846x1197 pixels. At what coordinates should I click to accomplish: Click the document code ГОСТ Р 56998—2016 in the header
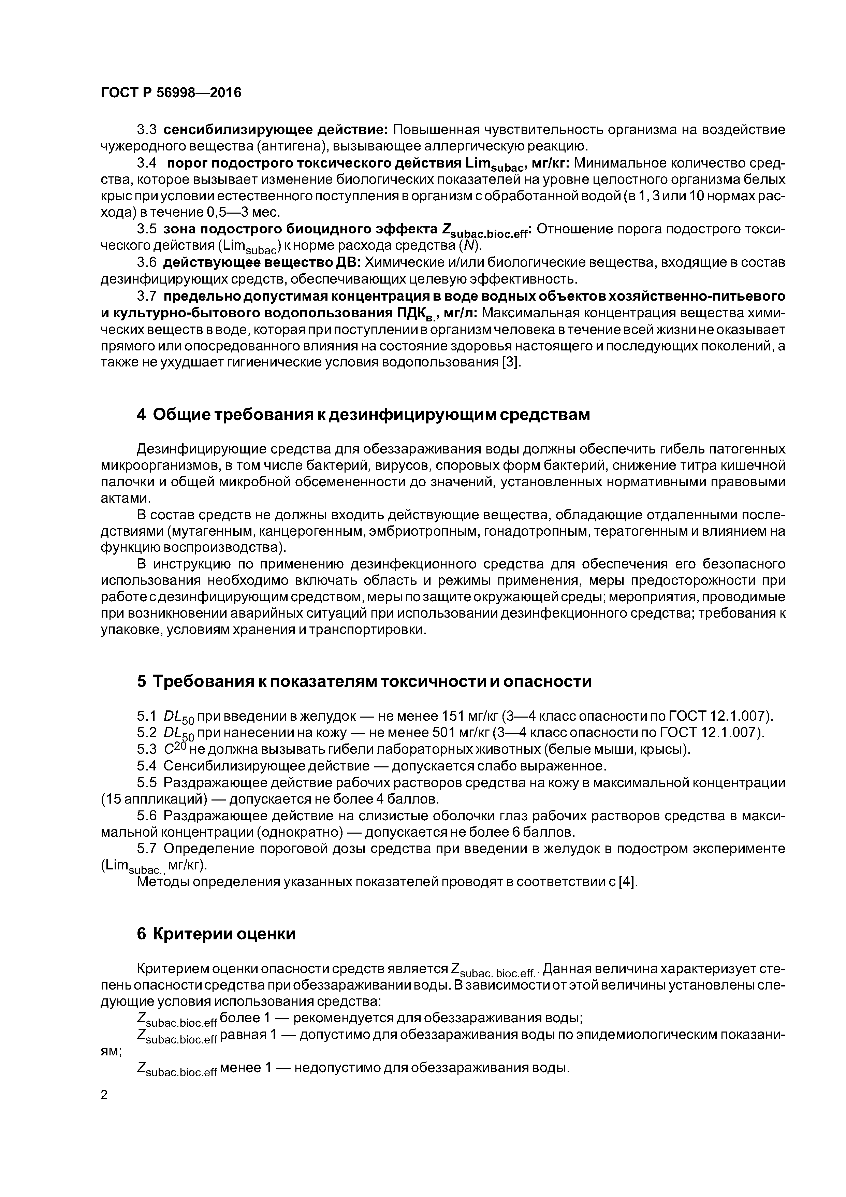171,93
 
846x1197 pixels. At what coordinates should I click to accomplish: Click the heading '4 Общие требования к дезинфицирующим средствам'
363,415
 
